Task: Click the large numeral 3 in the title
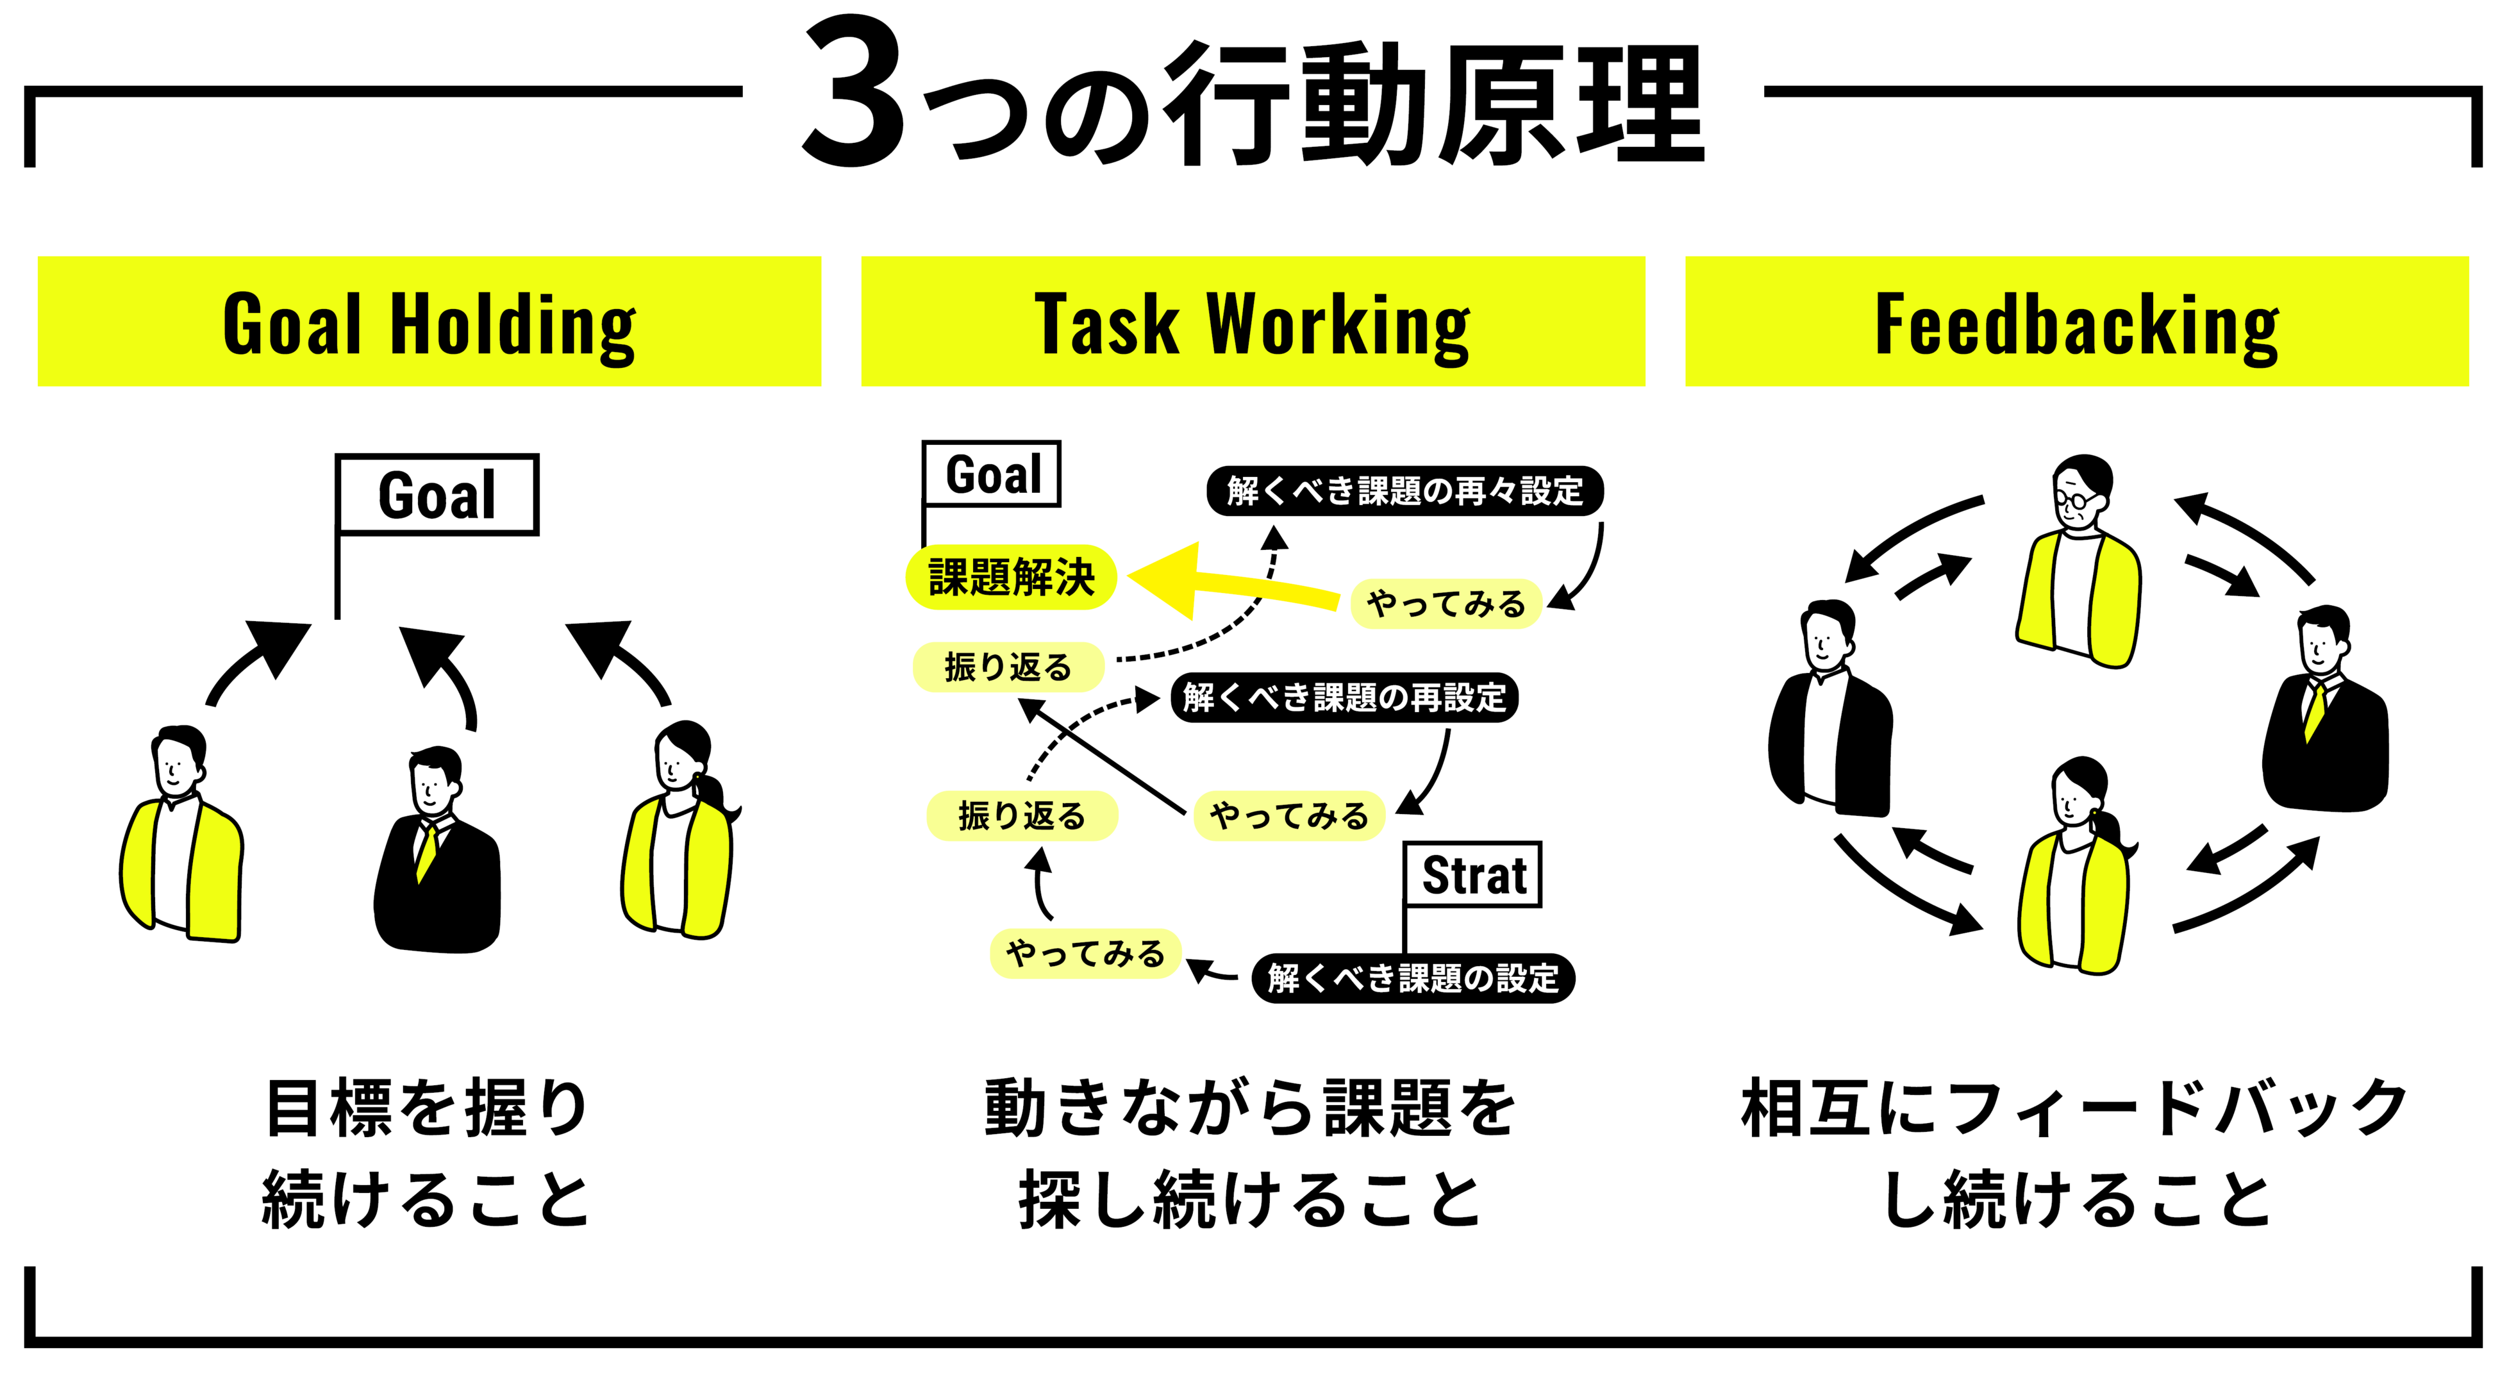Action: [854, 94]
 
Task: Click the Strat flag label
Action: [1473, 876]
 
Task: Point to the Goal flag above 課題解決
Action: [992, 474]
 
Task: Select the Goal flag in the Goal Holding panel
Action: [437, 495]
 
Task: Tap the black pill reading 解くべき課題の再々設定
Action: [1404, 491]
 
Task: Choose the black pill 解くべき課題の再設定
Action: [1344, 697]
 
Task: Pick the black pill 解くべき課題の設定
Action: [1413, 978]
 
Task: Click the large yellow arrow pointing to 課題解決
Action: [1223, 580]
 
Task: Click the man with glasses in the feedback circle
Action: [2079, 563]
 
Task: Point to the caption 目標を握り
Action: [427, 1108]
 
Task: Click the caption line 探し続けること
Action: [1250, 1199]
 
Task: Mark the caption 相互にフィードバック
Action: [2075, 1108]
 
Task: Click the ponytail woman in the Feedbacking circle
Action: [2077, 869]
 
